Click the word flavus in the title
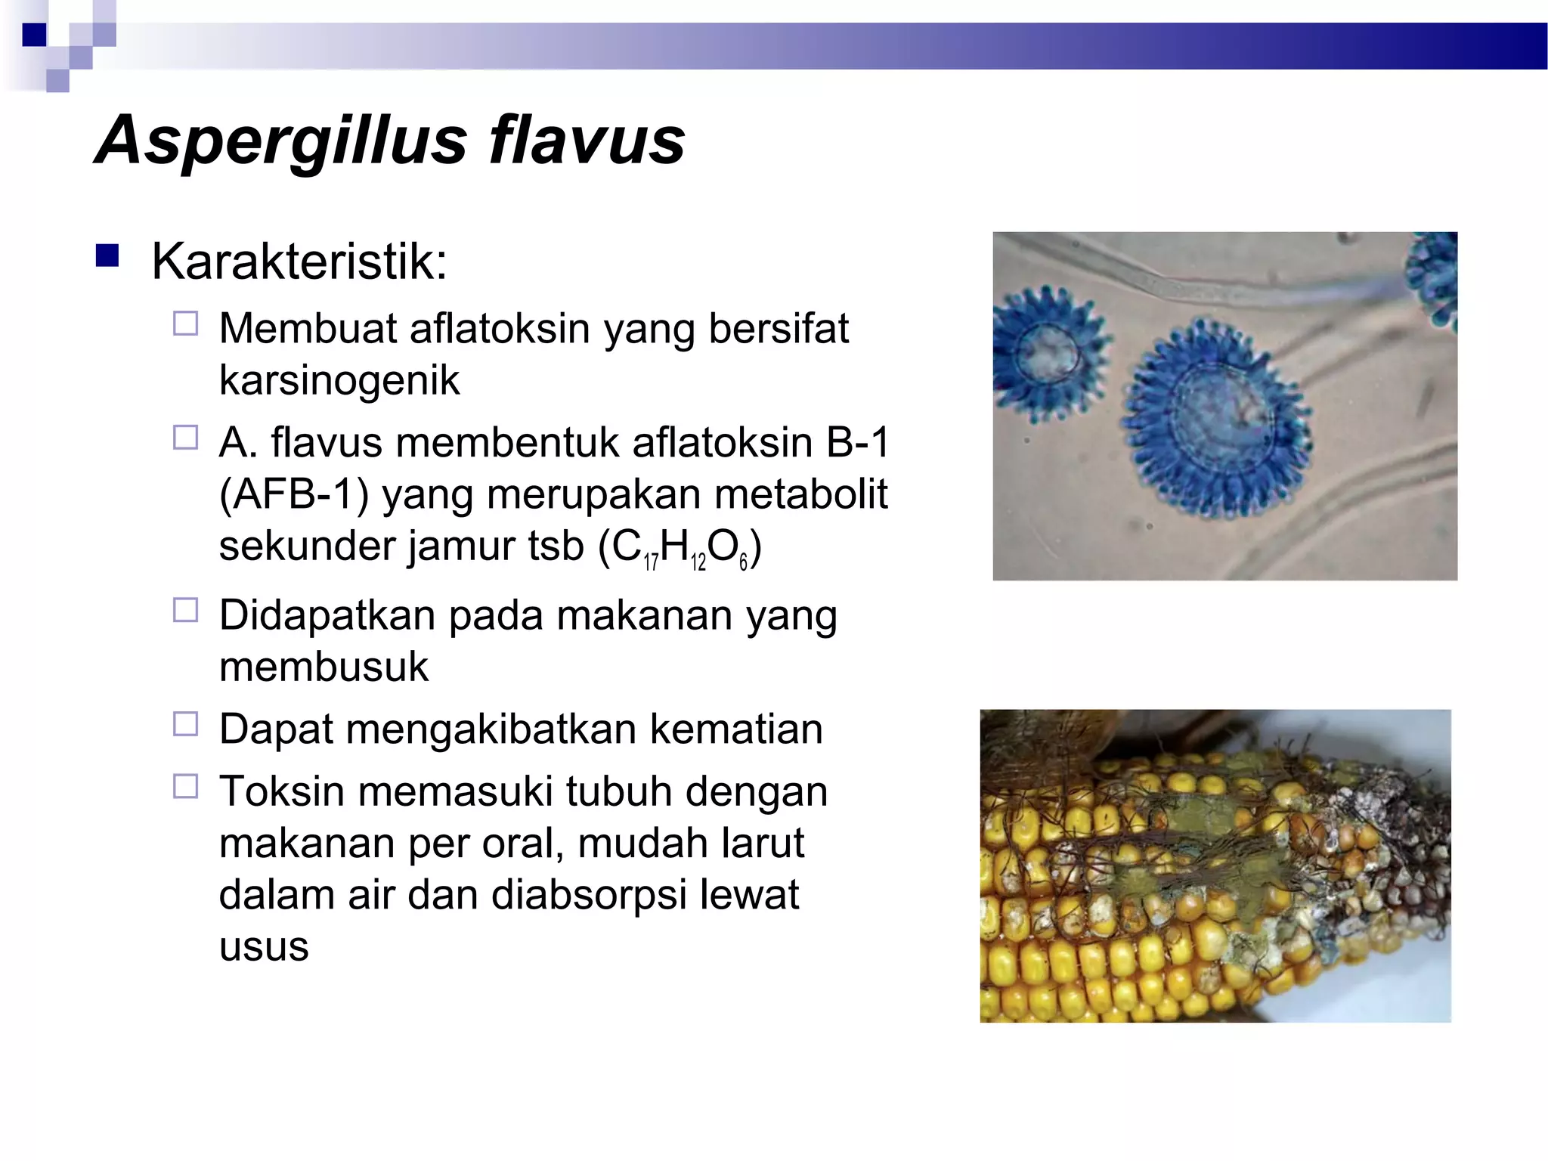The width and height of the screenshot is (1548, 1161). click(587, 141)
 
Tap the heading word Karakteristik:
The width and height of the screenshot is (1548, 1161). click(299, 262)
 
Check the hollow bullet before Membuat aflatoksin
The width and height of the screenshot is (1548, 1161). click(185, 324)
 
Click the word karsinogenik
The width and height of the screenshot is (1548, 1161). click(339, 380)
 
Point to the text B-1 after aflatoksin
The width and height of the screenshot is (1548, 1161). click(858, 442)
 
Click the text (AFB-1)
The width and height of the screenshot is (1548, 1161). click(293, 494)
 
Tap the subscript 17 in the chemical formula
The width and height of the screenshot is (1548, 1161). click(651, 562)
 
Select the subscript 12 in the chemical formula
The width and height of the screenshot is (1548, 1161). click(698, 562)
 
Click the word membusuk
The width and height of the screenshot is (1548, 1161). click(324, 667)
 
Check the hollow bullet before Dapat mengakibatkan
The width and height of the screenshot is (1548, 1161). click(185, 724)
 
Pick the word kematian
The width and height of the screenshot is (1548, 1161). click(735, 729)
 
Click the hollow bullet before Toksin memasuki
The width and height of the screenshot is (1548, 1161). click(185, 787)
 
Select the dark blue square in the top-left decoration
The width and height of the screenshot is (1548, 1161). click(35, 35)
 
